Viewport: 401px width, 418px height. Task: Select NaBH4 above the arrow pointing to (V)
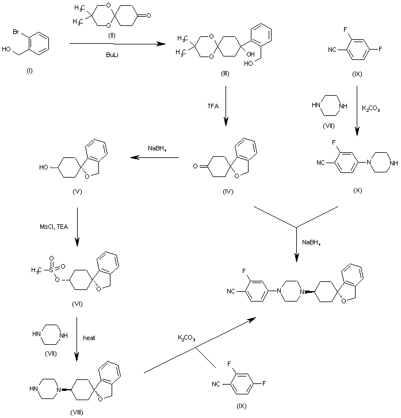(x=157, y=148)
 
